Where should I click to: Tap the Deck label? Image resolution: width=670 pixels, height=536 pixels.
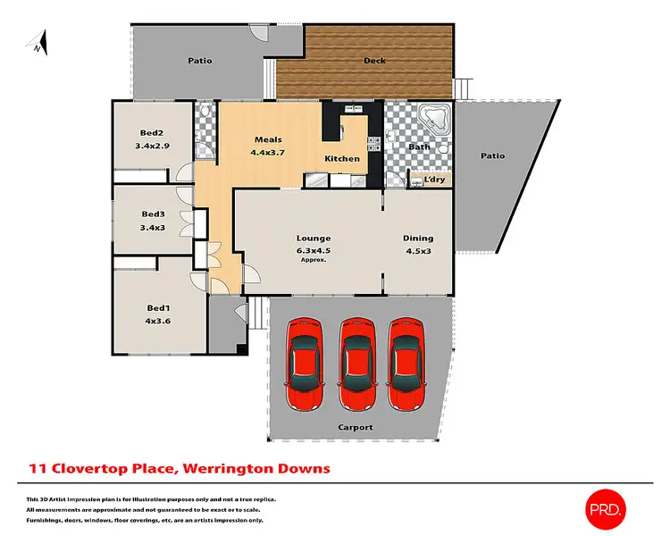(x=374, y=62)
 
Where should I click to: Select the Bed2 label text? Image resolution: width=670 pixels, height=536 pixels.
(x=151, y=132)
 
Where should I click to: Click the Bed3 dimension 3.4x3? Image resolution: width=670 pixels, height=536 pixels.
(x=153, y=228)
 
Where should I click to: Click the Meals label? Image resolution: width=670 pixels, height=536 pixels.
(x=268, y=139)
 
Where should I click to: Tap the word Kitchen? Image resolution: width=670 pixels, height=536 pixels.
(x=342, y=159)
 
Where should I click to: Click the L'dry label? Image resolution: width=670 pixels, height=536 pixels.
(x=434, y=180)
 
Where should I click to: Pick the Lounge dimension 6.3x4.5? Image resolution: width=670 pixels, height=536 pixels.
(x=314, y=250)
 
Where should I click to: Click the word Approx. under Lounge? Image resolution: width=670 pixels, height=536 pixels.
(x=314, y=260)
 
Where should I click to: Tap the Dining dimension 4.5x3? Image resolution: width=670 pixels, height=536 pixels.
(x=418, y=251)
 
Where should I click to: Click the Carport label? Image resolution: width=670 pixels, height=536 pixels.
(x=355, y=427)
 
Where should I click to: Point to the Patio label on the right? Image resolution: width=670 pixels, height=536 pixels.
(x=492, y=156)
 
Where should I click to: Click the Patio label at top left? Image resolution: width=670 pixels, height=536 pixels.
(x=199, y=62)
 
